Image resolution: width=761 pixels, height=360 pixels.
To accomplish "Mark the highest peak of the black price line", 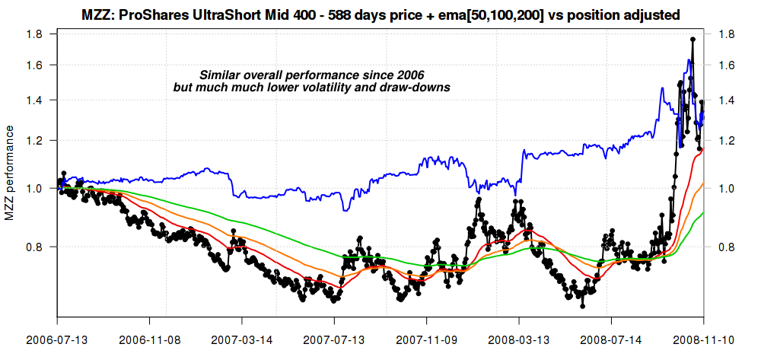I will pyautogui.click(x=693, y=39).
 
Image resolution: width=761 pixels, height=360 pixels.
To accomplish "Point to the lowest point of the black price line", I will pyautogui.click(x=583, y=306).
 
